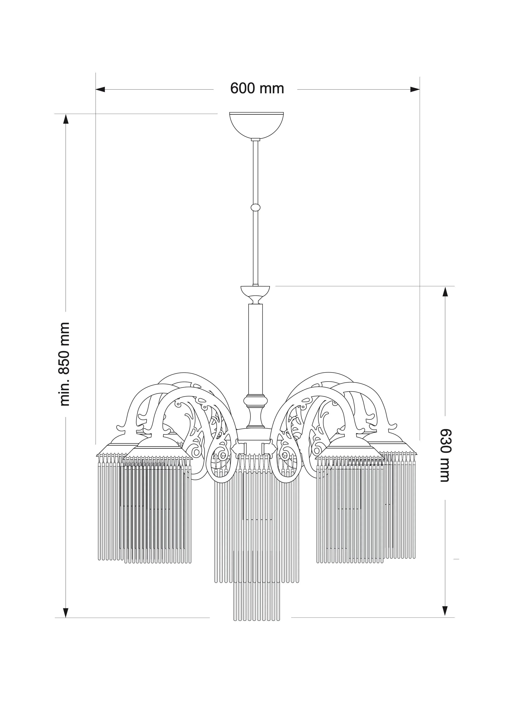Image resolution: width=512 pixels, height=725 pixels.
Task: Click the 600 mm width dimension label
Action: (x=257, y=88)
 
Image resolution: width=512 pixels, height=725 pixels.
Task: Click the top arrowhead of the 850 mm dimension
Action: (x=66, y=119)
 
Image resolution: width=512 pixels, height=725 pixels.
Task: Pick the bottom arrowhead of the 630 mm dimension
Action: (x=445, y=611)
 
